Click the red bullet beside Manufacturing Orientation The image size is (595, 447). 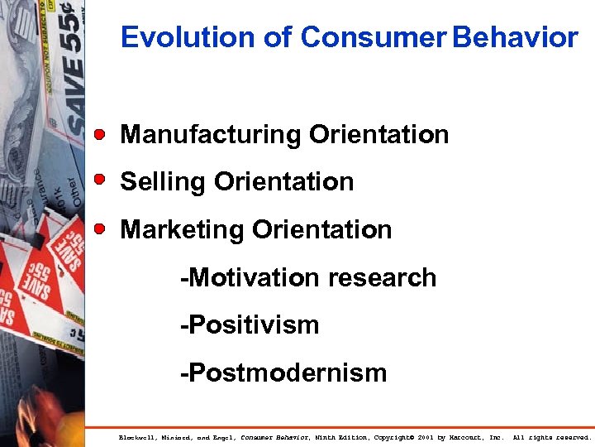99,133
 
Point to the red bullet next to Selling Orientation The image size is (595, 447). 99,180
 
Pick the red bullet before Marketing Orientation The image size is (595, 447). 99,228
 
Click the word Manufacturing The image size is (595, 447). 211,134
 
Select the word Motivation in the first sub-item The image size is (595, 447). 241,277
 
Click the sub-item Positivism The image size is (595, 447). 250,324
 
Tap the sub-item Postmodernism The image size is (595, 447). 283,372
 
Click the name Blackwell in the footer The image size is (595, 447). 137,436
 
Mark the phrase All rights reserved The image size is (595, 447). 551,436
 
